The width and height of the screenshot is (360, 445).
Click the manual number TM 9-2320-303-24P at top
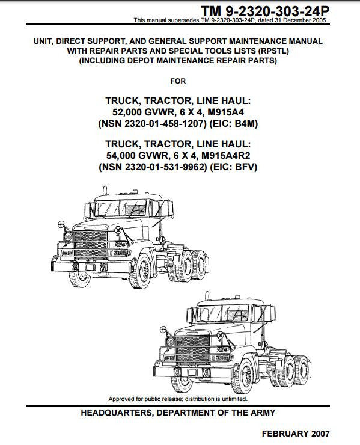[265, 11]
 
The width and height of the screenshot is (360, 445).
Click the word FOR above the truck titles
[178, 81]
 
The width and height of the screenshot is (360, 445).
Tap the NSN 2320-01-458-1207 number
[152, 124]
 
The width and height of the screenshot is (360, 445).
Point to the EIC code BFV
[245, 167]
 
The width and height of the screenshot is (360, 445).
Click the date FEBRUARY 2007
[296, 434]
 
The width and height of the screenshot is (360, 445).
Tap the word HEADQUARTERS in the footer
[117, 413]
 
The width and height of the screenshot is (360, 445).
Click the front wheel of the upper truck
[141, 271]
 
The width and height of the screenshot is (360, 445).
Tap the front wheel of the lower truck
[243, 376]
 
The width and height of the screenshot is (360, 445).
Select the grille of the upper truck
[91, 244]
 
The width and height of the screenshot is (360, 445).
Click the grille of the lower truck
[193, 349]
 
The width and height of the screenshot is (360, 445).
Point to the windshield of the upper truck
[121, 208]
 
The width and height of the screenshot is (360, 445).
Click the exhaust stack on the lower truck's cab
[207, 296]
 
